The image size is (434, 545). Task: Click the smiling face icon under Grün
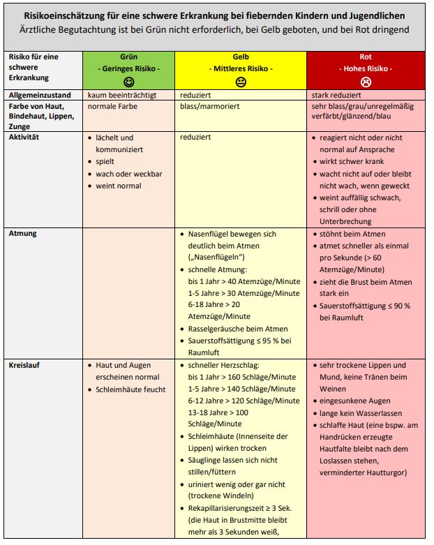[x=128, y=81]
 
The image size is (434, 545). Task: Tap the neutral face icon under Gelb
[x=241, y=82]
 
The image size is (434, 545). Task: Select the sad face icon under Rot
[x=366, y=82]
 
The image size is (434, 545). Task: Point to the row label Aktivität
[x=24, y=137]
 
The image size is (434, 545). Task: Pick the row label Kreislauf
[x=24, y=365]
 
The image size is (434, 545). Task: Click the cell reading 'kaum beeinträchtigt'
[x=121, y=94]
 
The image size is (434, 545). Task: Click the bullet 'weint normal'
[x=119, y=186]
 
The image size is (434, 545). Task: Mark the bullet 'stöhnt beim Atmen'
[x=352, y=234]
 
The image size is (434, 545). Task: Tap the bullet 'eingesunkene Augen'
[x=356, y=401]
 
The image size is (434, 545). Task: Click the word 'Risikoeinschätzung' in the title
[x=64, y=15]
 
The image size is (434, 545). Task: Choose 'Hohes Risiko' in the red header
[x=366, y=68]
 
